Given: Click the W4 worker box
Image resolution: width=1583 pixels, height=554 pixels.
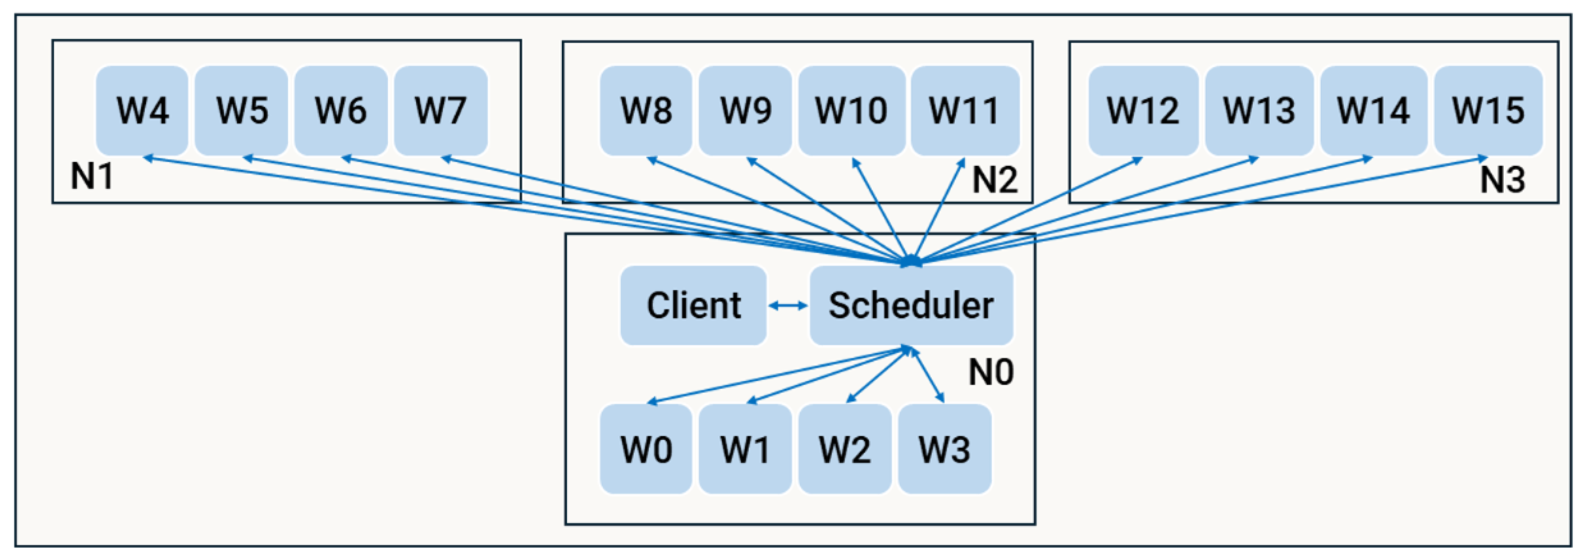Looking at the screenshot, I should [142, 111].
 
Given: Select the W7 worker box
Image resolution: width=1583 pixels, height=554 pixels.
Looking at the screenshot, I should [440, 111].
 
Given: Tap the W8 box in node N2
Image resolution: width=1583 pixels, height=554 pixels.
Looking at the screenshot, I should [646, 111].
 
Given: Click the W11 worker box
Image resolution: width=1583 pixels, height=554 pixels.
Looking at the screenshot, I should [965, 111].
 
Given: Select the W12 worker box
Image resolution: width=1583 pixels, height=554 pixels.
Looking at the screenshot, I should [1143, 111].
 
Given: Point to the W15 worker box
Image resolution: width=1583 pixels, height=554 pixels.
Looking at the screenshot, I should [1488, 111].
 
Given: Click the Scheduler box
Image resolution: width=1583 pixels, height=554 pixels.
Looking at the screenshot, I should [911, 305].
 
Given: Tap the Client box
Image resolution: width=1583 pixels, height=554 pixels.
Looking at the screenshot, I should [693, 305].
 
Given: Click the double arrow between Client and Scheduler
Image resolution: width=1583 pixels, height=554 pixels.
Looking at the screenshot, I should [788, 305].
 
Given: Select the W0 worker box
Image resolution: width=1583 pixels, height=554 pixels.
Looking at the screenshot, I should [646, 449].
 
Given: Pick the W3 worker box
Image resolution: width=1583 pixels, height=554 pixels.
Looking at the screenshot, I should [944, 449].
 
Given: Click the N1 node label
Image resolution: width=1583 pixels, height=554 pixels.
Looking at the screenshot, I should [92, 176].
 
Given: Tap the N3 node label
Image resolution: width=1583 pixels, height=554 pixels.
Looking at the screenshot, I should [1502, 180].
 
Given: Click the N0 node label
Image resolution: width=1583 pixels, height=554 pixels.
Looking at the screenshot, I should [991, 372].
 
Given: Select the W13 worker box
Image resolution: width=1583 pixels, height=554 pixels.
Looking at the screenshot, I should [1259, 111].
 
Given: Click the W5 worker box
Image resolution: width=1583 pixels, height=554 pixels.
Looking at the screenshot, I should [241, 111].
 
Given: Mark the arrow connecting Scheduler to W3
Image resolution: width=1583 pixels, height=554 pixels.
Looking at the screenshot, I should [928, 375].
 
